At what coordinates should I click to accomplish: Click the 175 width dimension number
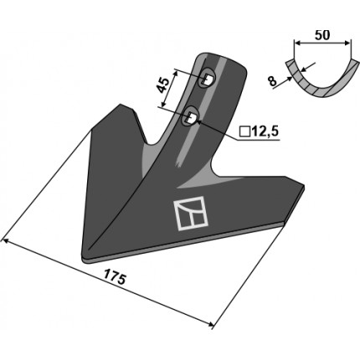[x=116, y=277]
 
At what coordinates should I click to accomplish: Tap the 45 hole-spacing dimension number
[x=163, y=85]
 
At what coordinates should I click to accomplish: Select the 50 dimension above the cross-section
[x=322, y=35]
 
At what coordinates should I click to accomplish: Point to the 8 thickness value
[x=272, y=81]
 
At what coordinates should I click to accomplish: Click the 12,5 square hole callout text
[x=265, y=131]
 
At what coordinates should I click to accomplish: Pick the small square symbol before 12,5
[x=245, y=131]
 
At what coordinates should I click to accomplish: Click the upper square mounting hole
[x=208, y=80]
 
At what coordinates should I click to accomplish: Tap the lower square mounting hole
[x=191, y=117]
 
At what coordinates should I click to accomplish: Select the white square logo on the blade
[x=191, y=213]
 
